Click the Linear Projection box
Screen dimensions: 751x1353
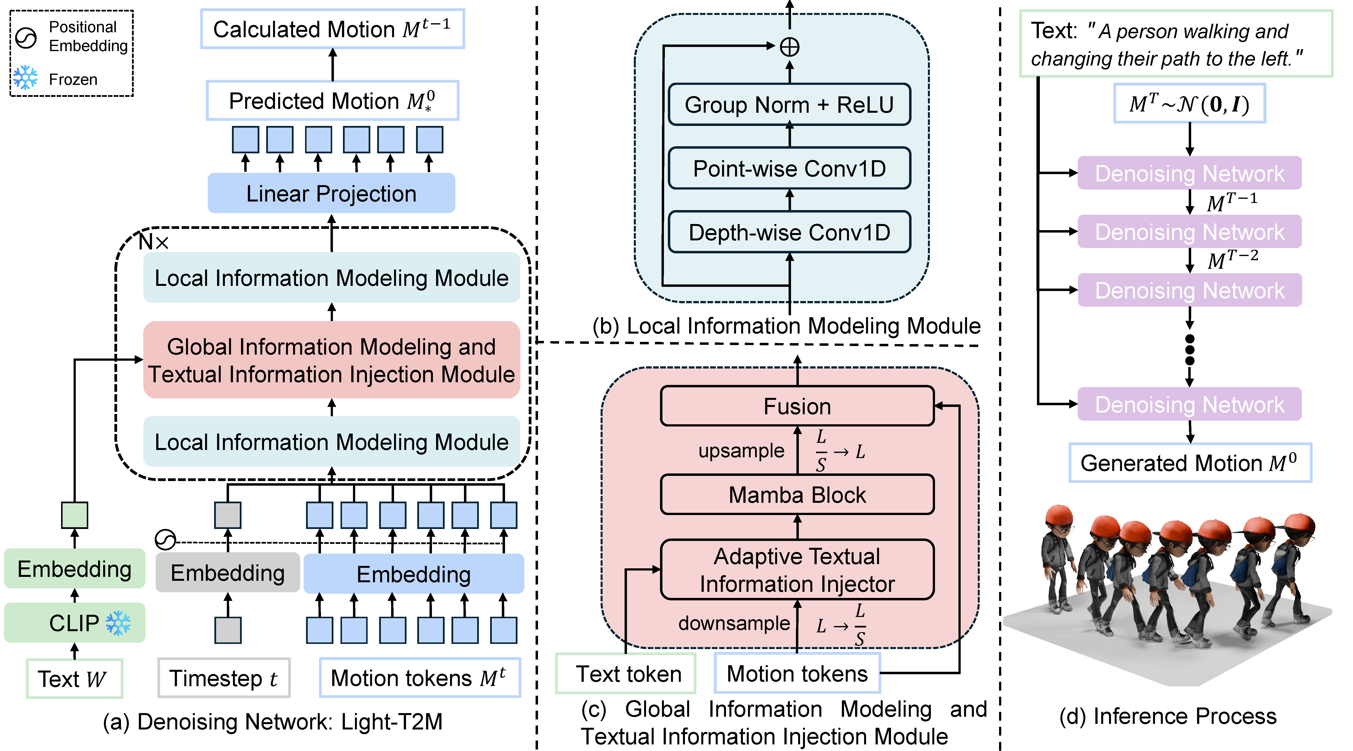[x=331, y=193]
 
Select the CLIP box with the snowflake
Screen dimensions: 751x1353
[x=75, y=623]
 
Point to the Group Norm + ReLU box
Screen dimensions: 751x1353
[x=789, y=105]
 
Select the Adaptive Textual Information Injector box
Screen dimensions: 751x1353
[x=797, y=570]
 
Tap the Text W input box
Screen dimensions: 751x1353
[x=75, y=678]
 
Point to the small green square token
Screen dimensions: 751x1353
[x=75, y=515]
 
